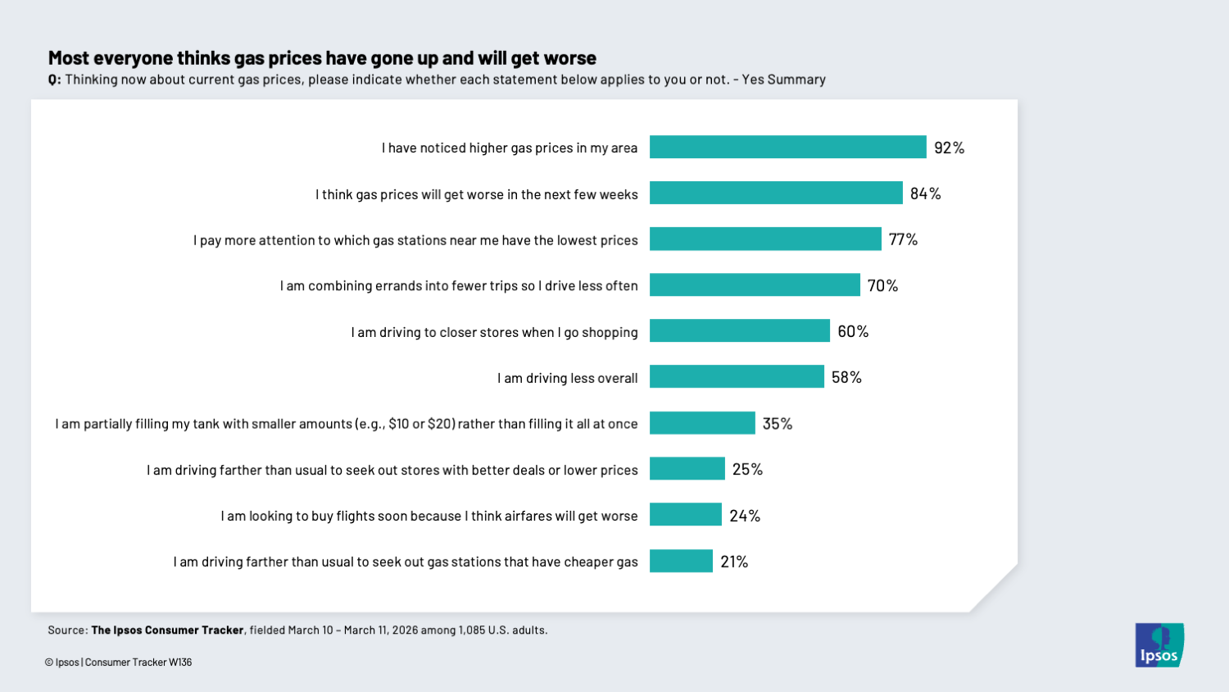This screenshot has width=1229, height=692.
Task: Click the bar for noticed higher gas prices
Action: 787,148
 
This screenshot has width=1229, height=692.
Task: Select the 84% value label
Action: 925,193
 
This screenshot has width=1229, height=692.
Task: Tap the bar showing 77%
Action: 765,239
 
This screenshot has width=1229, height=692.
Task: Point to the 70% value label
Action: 882,285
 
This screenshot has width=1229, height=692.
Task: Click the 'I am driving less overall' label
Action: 567,378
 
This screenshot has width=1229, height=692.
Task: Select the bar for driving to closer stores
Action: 739,331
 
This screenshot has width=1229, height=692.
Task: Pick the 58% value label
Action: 846,377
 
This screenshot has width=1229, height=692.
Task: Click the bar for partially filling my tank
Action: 702,423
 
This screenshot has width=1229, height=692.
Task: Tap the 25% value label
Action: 747,469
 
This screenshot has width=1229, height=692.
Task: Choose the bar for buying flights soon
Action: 685,515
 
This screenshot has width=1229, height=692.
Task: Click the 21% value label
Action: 734,562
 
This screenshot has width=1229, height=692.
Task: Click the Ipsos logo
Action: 1159,645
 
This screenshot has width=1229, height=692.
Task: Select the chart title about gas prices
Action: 322,58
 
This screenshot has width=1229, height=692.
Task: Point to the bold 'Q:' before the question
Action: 54,80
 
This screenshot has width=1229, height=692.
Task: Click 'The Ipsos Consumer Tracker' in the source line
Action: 167,631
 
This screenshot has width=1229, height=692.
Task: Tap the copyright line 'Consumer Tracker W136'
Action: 138,662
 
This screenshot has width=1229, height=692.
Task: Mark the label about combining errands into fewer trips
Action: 459,286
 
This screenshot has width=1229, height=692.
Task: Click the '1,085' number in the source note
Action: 472,631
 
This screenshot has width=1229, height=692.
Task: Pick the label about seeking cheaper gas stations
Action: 406,562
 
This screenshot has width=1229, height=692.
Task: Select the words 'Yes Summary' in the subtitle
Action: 783,80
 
